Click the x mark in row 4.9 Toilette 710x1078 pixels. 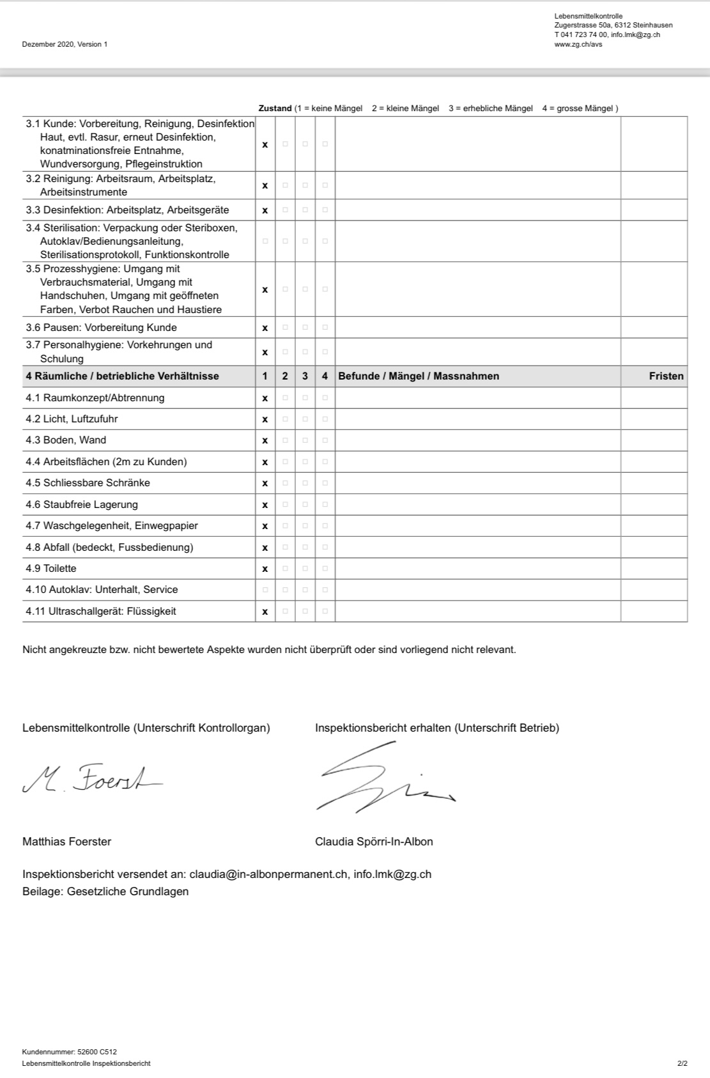point(265,569)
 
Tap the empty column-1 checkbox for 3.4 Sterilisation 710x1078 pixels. point(265,241)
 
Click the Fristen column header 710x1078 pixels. point(666,376)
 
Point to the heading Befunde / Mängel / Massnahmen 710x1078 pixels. point(419,376)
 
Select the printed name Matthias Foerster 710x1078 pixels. point(66,842)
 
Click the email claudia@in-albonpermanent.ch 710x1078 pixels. point(268,874)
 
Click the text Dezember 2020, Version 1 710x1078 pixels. point(65,44)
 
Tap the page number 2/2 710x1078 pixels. point(682,1064)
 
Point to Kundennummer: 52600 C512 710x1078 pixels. point(69,1052)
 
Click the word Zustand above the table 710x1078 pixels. point(275,109)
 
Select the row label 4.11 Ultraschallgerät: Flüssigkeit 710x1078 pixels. point(101,612)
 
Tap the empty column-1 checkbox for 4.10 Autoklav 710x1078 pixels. point(265,590)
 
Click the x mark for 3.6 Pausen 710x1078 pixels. point(265,328)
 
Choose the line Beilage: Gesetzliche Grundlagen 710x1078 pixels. point(105,891)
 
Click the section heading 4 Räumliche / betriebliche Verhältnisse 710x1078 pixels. point(122,376)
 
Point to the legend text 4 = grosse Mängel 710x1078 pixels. point(578,109)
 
